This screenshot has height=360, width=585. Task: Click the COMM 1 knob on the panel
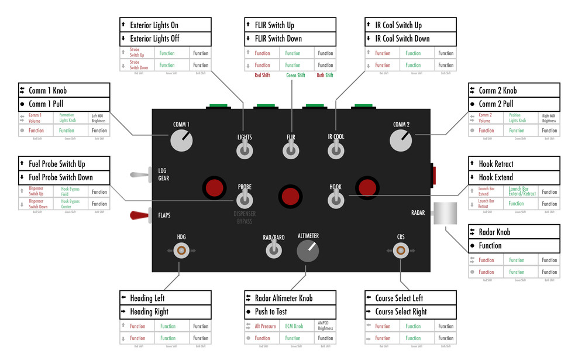(181, 140)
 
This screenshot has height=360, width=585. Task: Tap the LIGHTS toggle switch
(245, 151)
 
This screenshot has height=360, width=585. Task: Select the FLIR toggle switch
(290, 151)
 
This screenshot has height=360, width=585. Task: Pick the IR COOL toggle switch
(336, 151)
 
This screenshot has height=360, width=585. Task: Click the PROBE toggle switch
(245, 200)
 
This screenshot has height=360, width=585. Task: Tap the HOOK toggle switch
(335, 200)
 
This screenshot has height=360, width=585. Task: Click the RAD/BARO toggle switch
(273, 250)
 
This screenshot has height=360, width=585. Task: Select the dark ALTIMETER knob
(308, 251)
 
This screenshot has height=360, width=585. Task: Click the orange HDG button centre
(181, 251)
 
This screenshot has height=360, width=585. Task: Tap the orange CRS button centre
(401, 251)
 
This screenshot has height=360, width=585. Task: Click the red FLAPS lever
(139, 215)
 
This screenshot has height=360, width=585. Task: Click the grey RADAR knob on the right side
(445, 213)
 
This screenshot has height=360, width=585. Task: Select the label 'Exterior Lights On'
(154, 25)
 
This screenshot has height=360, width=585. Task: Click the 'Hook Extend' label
(495, 177)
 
